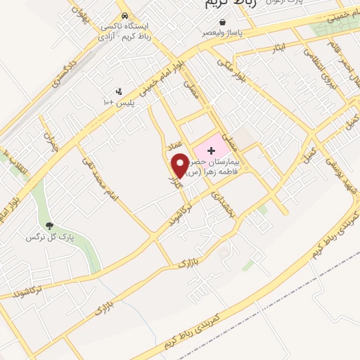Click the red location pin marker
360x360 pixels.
[179, 166]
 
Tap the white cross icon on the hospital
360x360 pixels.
[211, 151]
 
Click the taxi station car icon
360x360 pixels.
[124, 15]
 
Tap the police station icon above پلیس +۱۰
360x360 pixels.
[119, 91]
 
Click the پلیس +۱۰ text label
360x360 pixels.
[119, 103]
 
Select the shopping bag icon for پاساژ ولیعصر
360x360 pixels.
[222, 22]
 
